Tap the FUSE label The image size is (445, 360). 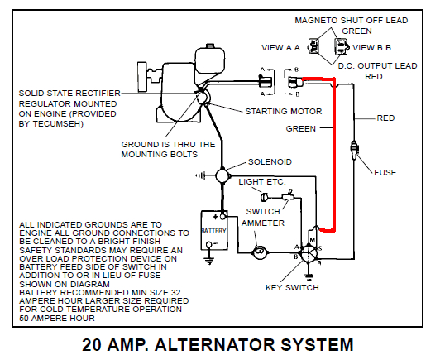[385, 172]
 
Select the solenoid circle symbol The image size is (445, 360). [222, 175]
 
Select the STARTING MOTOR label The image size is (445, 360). [279, 111]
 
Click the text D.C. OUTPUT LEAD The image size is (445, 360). [376, 65]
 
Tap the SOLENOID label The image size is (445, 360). [270, 162]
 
